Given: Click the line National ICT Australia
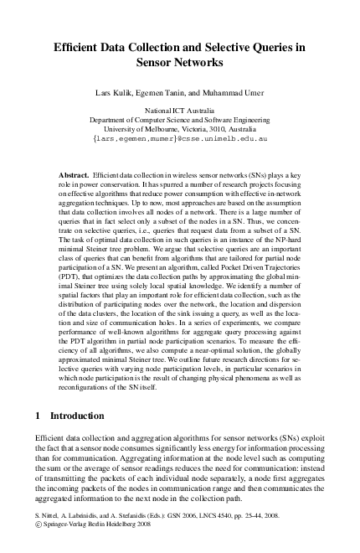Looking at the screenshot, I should [x=179, y=110].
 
